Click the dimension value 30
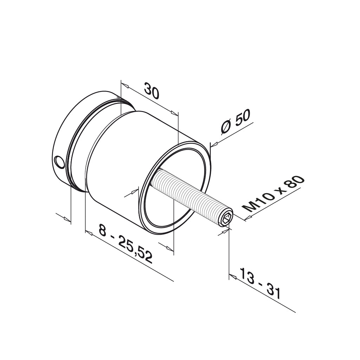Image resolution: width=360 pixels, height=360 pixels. click(x=152, y=92)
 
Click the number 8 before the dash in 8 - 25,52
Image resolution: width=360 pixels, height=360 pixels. click(x=102, y=230)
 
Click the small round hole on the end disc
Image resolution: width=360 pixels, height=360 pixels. click(x=60, y=162)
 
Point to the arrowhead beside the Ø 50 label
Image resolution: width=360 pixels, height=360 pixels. click(x=214, y=144)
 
